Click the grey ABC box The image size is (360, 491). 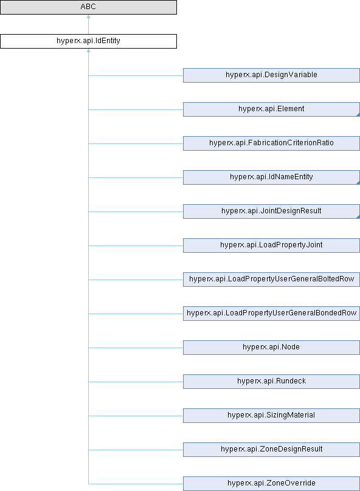pyautogui.click(x=88, y=7)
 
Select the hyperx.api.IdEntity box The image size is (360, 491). pyautogui.click(x=88, y=41)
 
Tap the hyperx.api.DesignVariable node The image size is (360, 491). pyautogui.click(x=271, y=75)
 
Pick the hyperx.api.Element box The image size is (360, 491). pyautogui.click(x=271, y=109)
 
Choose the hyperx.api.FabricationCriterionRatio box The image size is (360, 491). pyautogui.click(x=271, y=143)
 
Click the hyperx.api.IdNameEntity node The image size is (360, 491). pyautogui.click(x=271, y=177)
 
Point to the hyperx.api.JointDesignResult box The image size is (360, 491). pyautogui.click(x=271, y=211)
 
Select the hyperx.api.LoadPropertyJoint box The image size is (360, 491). pyautogui.click(x=271, y=245)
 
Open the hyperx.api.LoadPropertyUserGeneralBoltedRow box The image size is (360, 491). pyautogui.click(x=271, y=280)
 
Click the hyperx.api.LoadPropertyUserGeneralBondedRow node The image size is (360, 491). pyautogui.click(x=271, y=314)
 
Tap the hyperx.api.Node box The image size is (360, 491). pyautogui.click(x=271, y=347)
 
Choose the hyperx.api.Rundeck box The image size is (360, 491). pyautogui.click(x=271, y=382)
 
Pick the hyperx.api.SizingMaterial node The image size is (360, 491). pyautogui.click(x=271, y=416)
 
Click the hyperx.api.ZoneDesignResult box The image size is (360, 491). pyautogui.click(x=271, y=449)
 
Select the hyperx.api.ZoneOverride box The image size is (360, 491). pyautogui.click(x=271, y=484)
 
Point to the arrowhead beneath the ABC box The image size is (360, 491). pyautogui.click(x=88, y=16)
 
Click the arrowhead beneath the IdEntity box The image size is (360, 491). pyautogui.click(x=88, y=50)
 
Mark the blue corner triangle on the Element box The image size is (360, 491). pyautogui.click(x=358, y=115)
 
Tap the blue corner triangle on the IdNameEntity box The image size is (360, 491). pyautogui.click(x=358, y=183)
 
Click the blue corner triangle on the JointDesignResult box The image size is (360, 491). pyautogui.click(x=358, y=217)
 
